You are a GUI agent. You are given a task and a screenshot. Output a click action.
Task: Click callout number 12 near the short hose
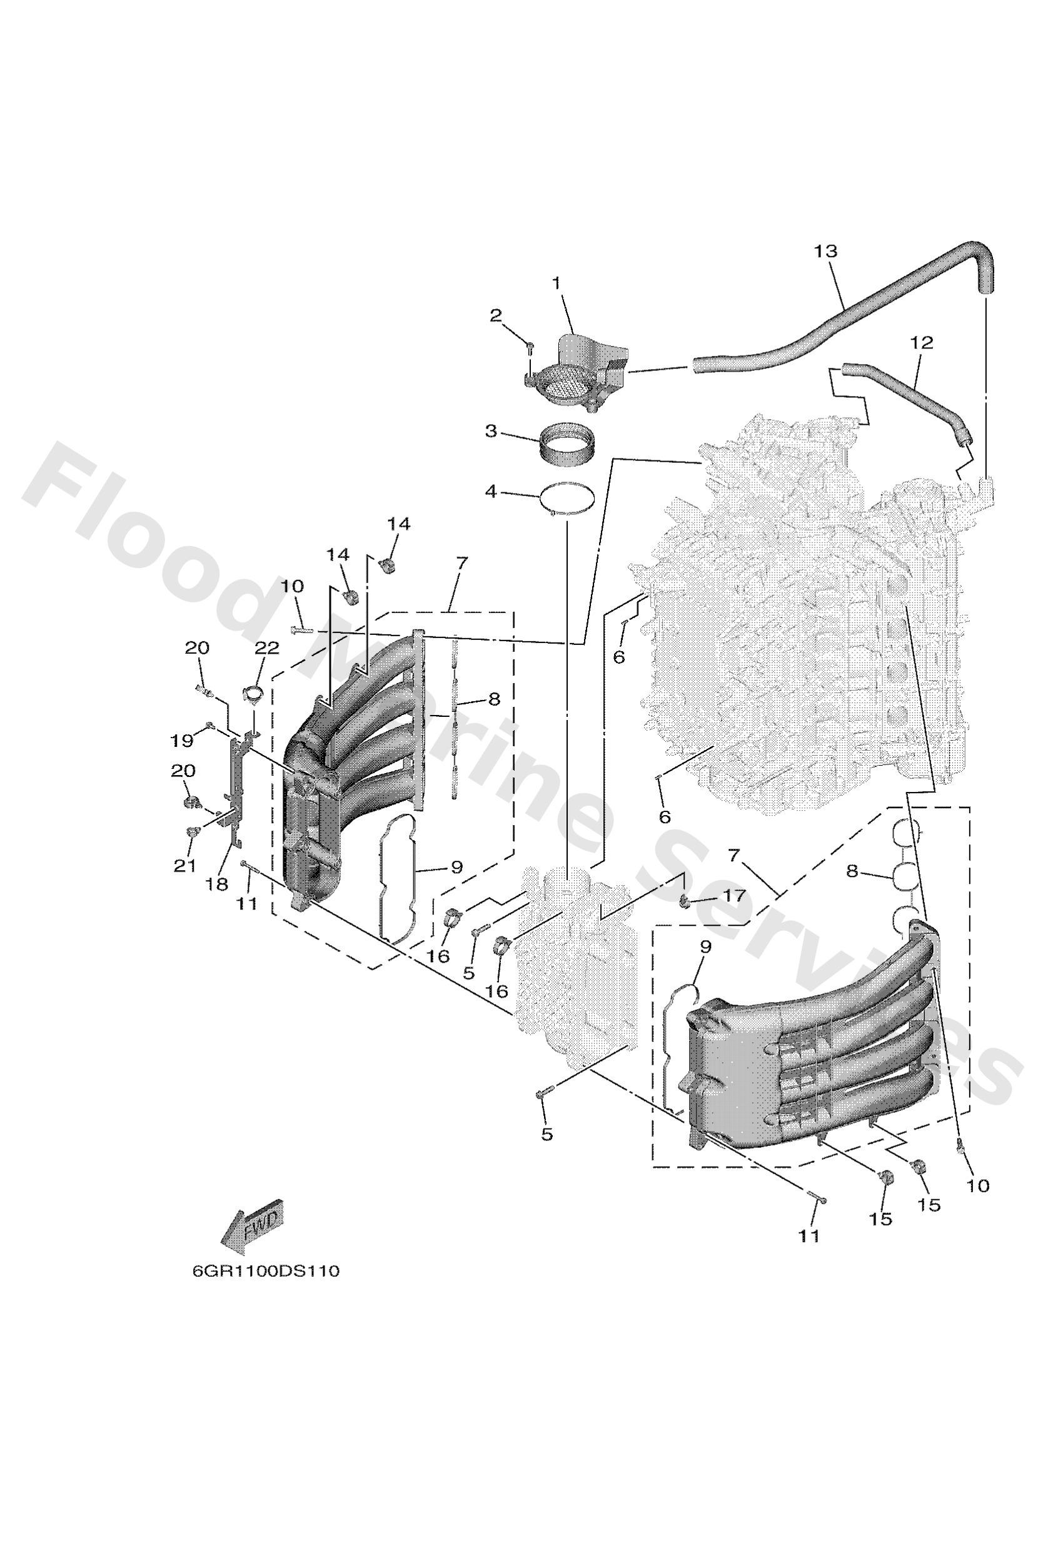coord(922,343)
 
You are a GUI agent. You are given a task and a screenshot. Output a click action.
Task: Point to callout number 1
coord(555,283)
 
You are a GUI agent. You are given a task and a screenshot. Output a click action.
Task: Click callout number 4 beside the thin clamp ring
coord(491,493)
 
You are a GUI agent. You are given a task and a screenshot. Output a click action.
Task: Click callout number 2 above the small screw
coord(496,316)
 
